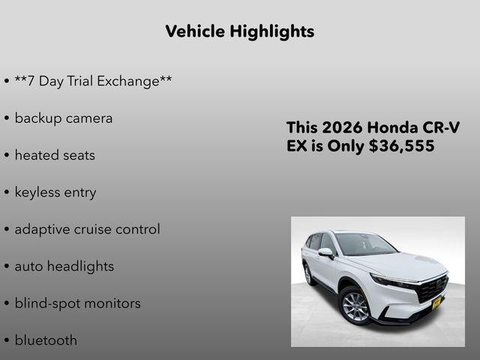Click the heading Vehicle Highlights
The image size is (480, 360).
click(x=239, y=31)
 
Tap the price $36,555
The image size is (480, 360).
click(x=401, y=146)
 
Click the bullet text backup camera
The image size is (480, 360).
click(x=64, y=118)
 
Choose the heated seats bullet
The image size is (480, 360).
click(x=55, y=155)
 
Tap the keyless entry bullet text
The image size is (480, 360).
click(x=55, y=192)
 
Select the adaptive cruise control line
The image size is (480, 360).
click(x=87, y=229)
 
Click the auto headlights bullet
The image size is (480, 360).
click(x=64, y=266)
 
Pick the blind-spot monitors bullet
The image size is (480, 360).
click(x=77, y=303)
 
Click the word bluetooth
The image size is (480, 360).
click(x=46, y=340)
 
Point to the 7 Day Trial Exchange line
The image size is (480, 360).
click(x=93, y=81)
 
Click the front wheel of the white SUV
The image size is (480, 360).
click(x=355, y=306)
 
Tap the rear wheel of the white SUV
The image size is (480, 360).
click(x=307, y=274)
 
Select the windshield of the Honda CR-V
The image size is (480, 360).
click(x=364, y=244)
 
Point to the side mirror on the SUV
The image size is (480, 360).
click(x=326, y=253)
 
